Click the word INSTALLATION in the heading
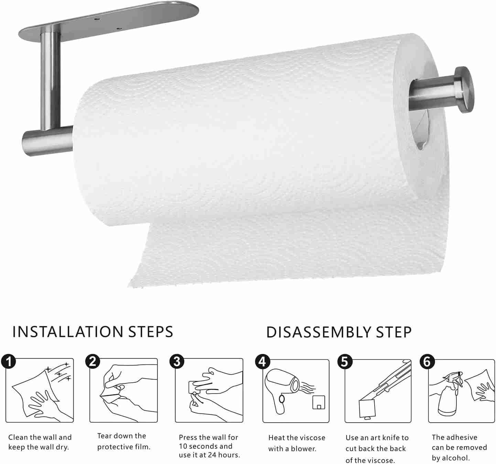pyautogui.click(x=68, y=332)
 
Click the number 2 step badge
pyautogui.click(x=93, y=361)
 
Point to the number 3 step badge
pyautogui.click(x=177, y=361)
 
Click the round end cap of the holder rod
pyautogui.click(x=464, y=89)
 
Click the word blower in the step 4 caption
pyautogui.click(x=303, y=449)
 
